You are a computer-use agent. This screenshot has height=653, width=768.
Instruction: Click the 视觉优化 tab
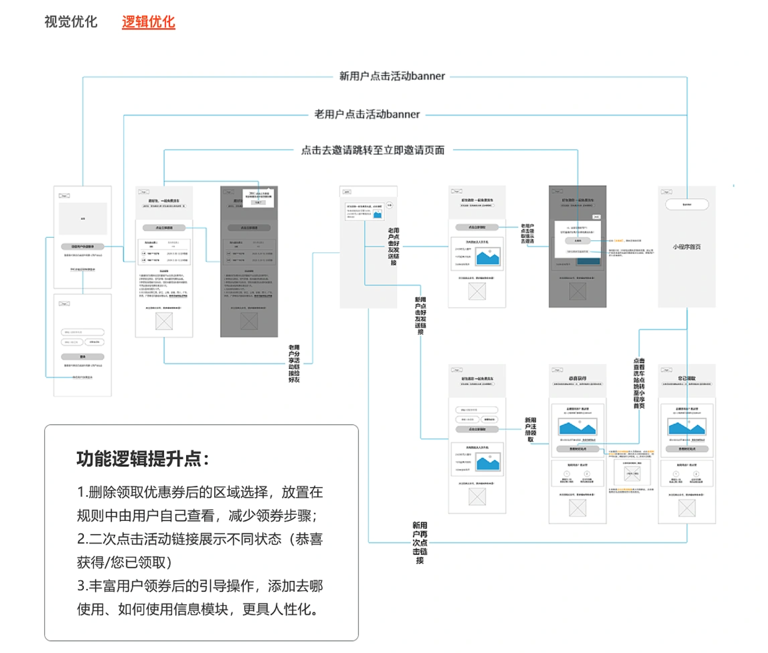click(70, 22)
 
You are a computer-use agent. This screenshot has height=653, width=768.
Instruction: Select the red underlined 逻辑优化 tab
click(148, 22)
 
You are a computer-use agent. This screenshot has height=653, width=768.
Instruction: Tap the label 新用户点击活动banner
click(392, 76)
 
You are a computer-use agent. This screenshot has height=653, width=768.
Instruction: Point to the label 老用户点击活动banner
click(367, 114)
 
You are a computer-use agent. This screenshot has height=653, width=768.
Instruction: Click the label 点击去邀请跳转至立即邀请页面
click(373, 150)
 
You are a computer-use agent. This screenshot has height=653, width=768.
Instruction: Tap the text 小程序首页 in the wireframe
click(686, 247)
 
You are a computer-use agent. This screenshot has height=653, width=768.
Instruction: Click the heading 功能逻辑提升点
click(142, 459)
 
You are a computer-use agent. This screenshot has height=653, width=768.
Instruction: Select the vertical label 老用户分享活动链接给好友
click(294, 364)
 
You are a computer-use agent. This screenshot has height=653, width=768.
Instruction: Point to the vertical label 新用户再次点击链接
click(419, 543)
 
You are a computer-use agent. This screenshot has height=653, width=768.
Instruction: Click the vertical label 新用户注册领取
click(530, 429)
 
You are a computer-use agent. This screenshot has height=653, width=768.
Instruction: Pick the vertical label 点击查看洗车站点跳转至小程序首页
click(639, 383)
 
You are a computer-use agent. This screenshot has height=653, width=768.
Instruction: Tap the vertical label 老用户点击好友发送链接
click(393, 246)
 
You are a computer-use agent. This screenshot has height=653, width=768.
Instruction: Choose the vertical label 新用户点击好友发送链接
click(420, 316)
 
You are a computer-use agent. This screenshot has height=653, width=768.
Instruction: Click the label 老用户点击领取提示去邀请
click(527, 234)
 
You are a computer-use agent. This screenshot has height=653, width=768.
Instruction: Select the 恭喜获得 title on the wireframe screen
click(577, 378)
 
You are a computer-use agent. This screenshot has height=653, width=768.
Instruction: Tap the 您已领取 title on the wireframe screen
click(687, 378)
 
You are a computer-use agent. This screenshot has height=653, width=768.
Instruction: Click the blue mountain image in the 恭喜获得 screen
click(577, 426)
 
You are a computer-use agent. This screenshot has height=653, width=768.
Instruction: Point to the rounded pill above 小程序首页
click(687, 204)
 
